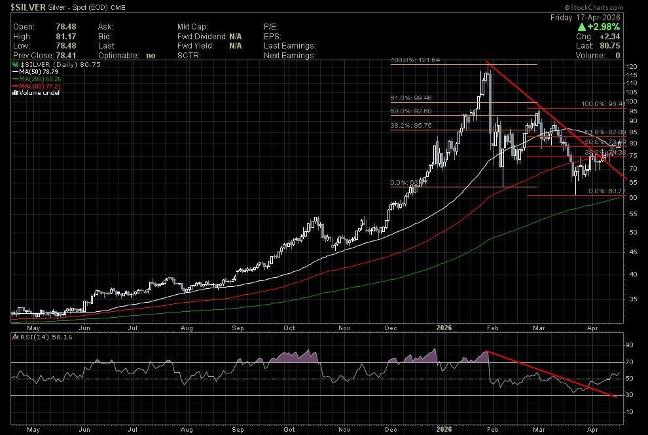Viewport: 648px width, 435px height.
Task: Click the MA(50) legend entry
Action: coord(35,73)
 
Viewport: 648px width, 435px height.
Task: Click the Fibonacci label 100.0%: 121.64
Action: coord(415,60)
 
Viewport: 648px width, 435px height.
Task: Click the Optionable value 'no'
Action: coord(151,56)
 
